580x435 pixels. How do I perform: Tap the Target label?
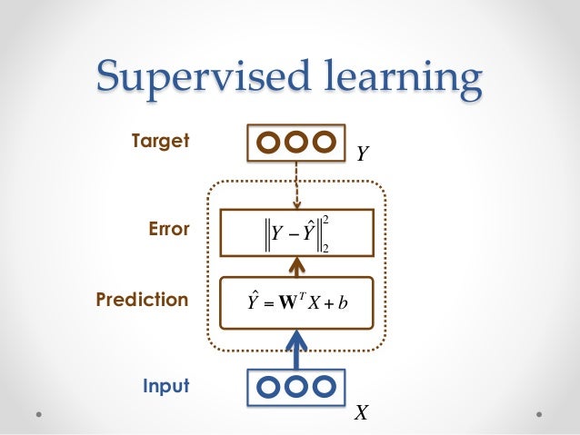tap(159, 141)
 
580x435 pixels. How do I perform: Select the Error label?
tap(168, 230)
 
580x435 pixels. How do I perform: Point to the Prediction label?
tap(142, 299)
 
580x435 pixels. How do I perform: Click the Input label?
tap(165, 386)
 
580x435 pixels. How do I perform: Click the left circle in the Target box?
tap(270, 143)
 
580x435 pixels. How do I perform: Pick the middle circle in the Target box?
tap(296, 143)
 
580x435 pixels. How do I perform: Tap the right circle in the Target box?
tap(323, 143)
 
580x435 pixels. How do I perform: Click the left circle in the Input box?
tap(270, 387)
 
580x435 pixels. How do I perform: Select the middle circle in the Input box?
tap(296, 387)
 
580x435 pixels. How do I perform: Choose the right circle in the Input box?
tap(323, 387)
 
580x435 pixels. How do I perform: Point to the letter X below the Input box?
tap(362, 414)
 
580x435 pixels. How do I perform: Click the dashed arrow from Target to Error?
tap(296, 185)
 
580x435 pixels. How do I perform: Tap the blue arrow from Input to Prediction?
tap(296, 349)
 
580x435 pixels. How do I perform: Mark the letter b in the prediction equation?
tap(346, 301)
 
